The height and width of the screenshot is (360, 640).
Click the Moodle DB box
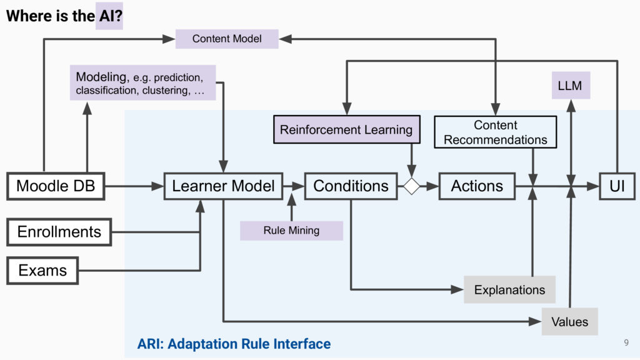[56, 186]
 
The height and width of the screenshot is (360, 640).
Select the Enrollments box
[59, 232]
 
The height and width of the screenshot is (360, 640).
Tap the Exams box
[42, 270]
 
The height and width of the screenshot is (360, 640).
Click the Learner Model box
[223, 186]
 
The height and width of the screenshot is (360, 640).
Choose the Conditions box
[351, 186]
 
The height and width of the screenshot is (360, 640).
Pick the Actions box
[477, 186]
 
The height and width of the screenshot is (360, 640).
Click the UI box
[617, 186]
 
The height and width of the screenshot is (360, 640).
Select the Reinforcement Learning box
[346, 129]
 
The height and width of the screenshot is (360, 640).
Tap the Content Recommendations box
[496, 132]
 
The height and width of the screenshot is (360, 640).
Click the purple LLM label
[571, 85]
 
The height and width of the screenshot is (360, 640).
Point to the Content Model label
[227, 39]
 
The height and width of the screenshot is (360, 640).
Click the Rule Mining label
[291, 231]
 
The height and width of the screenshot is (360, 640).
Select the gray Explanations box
[510, 289]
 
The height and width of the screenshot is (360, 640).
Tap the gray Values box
[570, 322]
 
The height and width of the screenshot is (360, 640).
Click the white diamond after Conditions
[411, 186]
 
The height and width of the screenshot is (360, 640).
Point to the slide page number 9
[626, 342]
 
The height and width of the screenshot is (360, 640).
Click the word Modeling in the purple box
[101, 77]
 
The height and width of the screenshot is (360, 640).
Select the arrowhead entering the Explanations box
[457, 289]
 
